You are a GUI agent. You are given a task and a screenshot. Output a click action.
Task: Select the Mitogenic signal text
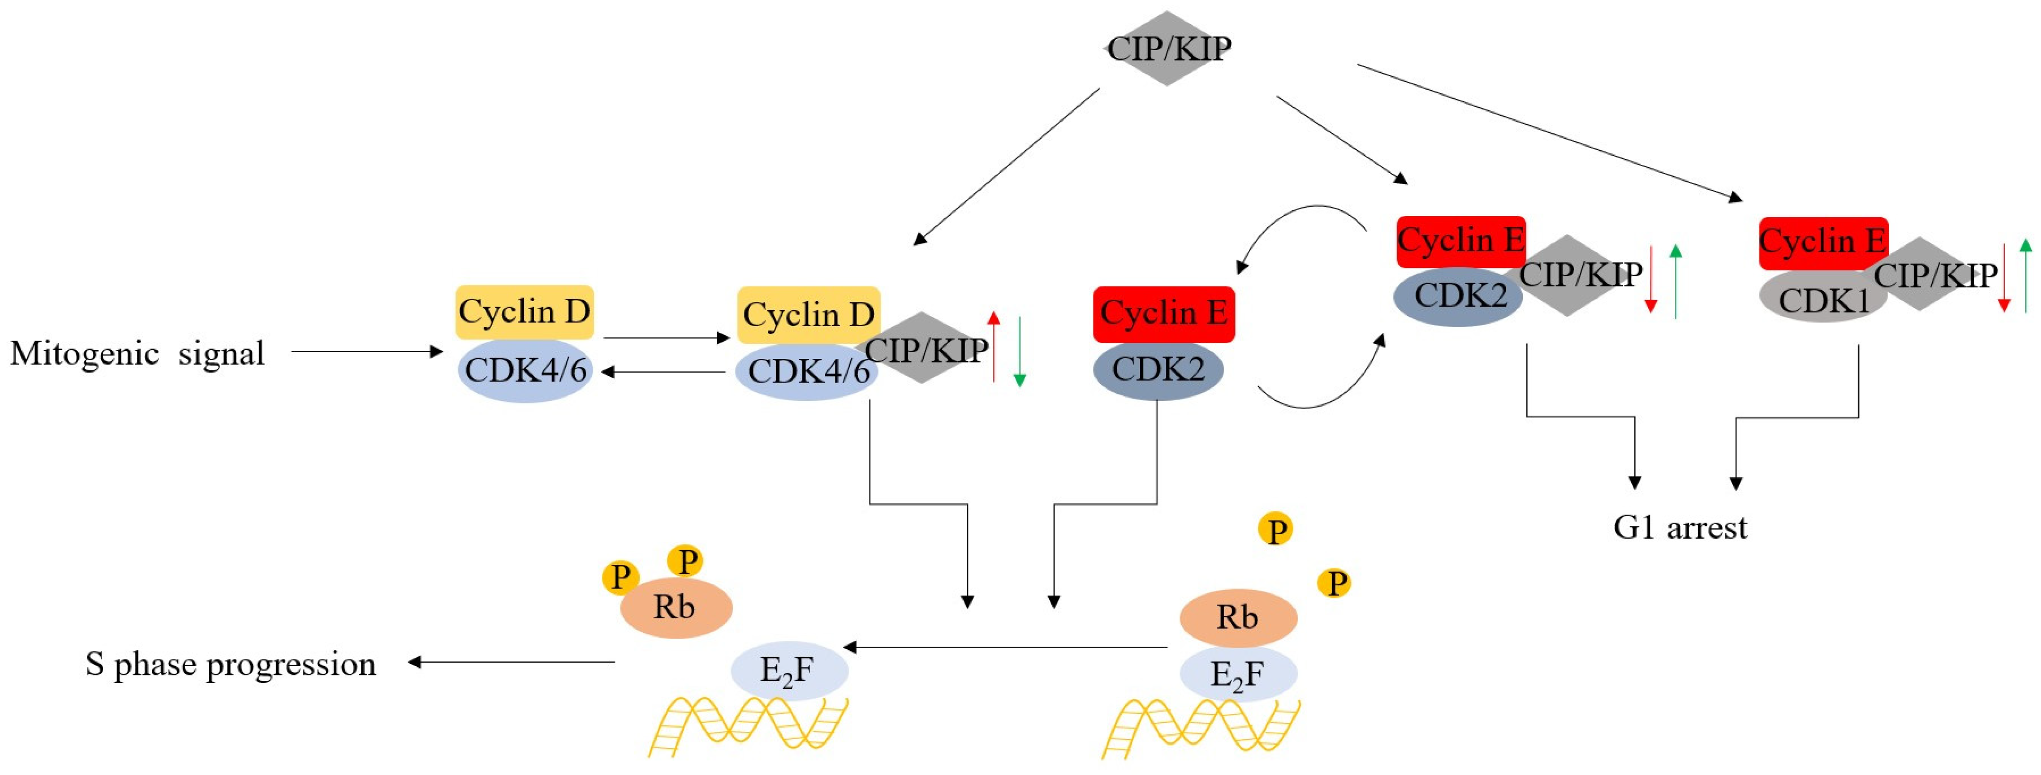coord(137,354)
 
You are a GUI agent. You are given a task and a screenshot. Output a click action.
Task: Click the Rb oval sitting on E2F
coord(1237,617)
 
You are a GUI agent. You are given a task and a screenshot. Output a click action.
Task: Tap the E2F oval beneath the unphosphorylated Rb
coord(1237,674)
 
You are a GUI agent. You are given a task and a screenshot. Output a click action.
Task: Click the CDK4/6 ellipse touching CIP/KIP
coord(806,371)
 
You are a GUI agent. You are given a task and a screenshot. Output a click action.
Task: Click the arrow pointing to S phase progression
coord(511,662)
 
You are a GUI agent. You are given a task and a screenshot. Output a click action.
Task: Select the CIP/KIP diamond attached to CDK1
coord(1921,274)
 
